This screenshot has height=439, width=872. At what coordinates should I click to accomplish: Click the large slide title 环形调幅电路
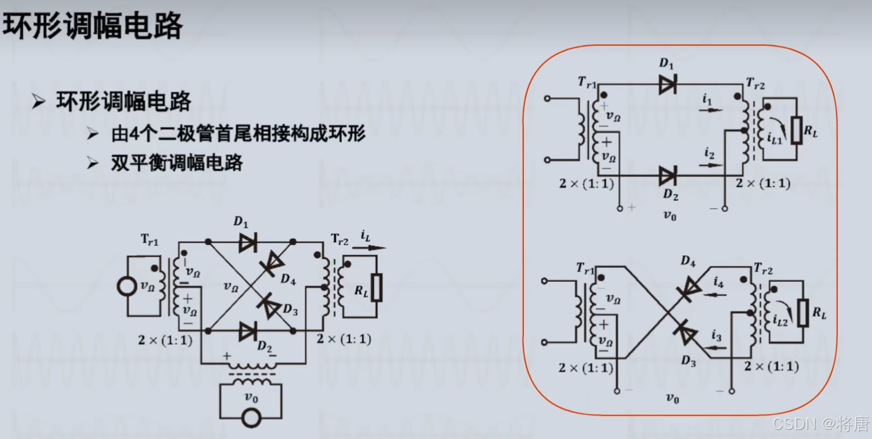92,26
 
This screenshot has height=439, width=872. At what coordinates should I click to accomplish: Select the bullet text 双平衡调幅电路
177,163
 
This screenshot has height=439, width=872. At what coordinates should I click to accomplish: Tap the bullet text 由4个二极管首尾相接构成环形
238,134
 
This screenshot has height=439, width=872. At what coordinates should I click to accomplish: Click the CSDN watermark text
820,424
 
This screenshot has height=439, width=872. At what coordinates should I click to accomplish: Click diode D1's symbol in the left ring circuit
247,243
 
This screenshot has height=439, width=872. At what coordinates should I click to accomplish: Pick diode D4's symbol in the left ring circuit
273,264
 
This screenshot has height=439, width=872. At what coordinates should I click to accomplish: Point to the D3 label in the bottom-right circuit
688,361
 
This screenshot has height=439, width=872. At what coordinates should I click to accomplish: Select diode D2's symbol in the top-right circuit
668,175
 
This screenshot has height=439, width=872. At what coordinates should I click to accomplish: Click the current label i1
707,99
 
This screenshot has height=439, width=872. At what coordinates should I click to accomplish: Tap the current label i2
709,154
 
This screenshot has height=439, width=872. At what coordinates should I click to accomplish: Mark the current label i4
719,282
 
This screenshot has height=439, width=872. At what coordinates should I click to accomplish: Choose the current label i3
716,335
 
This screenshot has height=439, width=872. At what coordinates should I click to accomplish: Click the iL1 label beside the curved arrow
774,138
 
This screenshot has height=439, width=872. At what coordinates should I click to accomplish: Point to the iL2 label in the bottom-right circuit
780,320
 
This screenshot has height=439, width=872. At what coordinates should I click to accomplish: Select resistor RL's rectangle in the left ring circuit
377,288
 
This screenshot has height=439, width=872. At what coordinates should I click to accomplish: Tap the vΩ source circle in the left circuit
127,286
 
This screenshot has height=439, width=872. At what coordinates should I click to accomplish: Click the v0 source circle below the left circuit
251,418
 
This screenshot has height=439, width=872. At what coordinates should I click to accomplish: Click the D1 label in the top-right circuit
666,63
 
